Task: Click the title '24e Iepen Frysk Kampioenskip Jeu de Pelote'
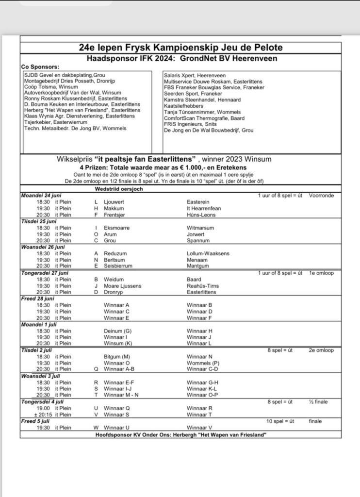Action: tap(180, 48)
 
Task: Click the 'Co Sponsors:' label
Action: tap(40, 66)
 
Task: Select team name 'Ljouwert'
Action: tap(115, 202)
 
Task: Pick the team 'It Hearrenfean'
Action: tap(204, 208)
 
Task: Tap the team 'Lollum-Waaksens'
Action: tap(208, 253)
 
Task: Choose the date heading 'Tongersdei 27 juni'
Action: tap(45, 273)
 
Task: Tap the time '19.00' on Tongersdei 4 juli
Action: tap(43, 408)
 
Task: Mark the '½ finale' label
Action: tap(318, 401)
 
